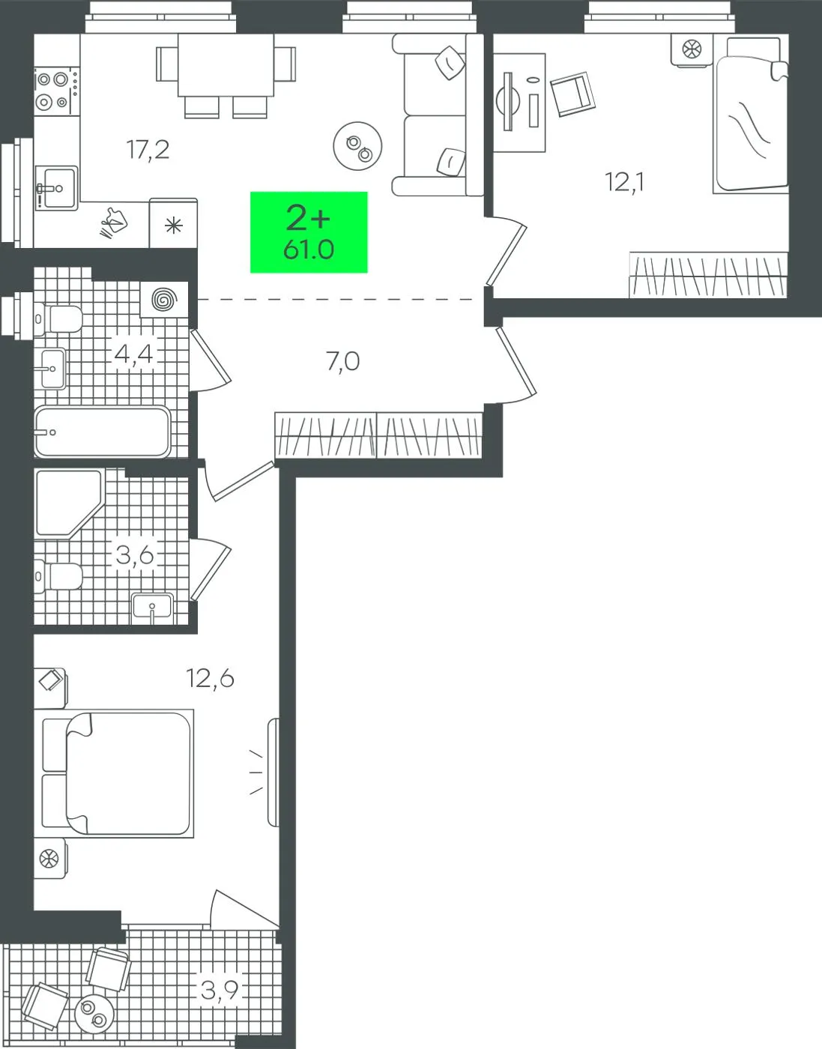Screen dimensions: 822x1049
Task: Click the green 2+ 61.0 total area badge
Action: [309, 232]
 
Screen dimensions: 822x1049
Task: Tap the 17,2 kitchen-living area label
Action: [148, 150]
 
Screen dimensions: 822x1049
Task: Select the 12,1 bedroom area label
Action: [625, 183]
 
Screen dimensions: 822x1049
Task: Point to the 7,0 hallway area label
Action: [343, 362]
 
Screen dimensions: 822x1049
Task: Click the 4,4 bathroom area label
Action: [133, 354]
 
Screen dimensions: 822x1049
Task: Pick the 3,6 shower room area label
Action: [135, 555]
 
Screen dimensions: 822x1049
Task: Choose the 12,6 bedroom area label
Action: [210, 679]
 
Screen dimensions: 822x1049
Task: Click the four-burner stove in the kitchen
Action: [56, 91]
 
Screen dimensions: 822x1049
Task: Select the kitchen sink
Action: [56, 188]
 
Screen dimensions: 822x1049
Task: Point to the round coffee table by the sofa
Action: [357, 146]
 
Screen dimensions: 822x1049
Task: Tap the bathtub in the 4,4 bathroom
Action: [103, 432]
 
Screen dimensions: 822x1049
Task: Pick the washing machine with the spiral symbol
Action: [164, 299]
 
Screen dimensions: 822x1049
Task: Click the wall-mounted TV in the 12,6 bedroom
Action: [274, 772]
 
